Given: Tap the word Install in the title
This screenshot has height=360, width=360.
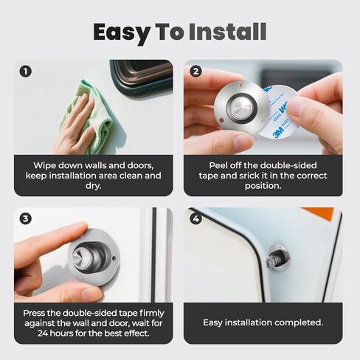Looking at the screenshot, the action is click(x=228, y=32).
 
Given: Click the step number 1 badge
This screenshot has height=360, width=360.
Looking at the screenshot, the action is click(x=25, y=72).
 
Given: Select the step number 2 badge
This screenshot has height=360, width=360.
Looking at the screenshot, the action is click(x=195, y=72).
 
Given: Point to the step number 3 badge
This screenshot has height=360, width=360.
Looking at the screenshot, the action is click(x=25, y=218).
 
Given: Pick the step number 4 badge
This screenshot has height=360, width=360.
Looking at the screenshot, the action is click(x=195, y=218).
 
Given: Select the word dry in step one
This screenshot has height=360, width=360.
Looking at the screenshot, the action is click(x=94, y=186).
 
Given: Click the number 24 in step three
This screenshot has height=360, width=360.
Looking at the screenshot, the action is click(x=44, y=333).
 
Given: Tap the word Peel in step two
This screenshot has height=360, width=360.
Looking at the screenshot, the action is click(x=218, y=165).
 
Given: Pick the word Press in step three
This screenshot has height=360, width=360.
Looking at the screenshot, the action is click(x=34, y=314).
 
